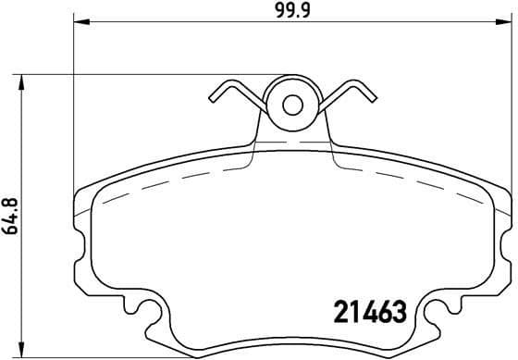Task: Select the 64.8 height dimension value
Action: (x=11, y=216)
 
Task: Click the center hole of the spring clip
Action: (x=292, y=104)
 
